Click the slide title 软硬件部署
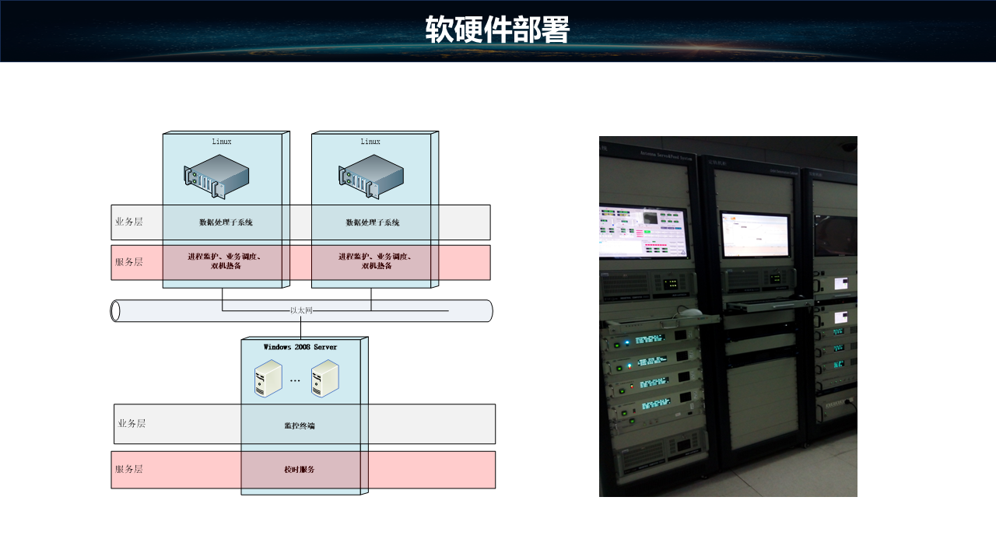tap(497, 30)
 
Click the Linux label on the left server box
tap(222, 142)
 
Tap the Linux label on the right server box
tap(370, 142)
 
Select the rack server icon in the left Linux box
tap(216, 174)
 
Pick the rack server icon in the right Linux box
tap(370, 174)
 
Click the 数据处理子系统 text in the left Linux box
tap(226, 222)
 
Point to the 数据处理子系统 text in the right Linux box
tap(373, 222)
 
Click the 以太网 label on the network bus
tap(301, 310)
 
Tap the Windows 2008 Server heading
tap(300, 347)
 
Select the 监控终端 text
tap(300, 425)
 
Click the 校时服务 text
tap(300, 470)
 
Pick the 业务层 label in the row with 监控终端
tap(132, 424)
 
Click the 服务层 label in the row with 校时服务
tap(129, 469)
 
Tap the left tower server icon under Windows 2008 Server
tap(268, 380)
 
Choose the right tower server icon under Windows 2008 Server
tap(324, 380)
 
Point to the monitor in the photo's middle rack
tap(754, 234)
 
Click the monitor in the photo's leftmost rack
tap(644, 231)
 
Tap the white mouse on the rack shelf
tap(689, 313)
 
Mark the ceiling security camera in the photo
tap(847, 146)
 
